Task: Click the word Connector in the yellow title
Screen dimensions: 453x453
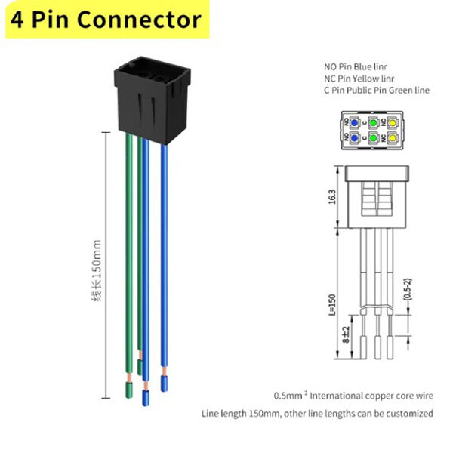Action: click(139, 19)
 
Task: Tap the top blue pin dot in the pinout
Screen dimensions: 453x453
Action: click(355, 122)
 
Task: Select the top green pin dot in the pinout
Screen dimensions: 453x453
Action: click(373, 122)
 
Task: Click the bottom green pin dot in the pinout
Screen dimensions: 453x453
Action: click(373, 138)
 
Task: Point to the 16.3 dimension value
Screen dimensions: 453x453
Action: click(332, 199)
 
